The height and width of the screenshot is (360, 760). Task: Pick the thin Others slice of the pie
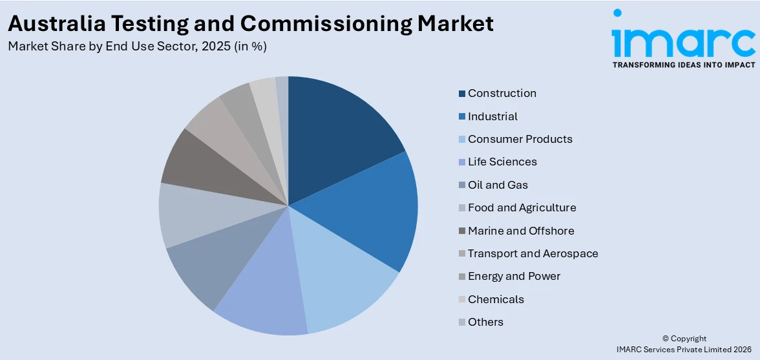click(282, 103)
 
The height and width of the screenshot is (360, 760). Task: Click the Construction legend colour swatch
click(462, 94)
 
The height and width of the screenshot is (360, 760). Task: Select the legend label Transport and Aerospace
click(533, 253)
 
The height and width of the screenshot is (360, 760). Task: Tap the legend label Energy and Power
click(514, 276)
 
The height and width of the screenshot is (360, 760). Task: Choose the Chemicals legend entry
click(496, 299)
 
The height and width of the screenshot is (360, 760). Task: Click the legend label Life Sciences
click(502, 162)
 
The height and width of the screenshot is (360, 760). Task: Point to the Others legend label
click(485, 322)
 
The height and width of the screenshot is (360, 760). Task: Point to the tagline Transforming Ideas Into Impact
click(683, 65)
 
